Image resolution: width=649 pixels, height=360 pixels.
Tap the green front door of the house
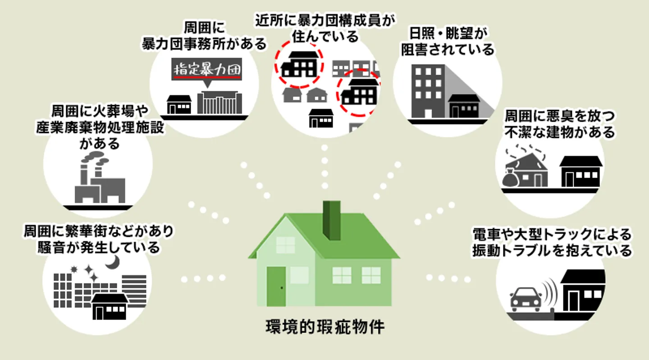[276, 286]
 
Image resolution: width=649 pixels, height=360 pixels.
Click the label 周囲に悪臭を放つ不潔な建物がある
[559, 124]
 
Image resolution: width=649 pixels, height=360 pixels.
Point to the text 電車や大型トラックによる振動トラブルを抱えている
[552, 242]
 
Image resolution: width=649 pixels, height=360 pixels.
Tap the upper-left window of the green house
[285, 245]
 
